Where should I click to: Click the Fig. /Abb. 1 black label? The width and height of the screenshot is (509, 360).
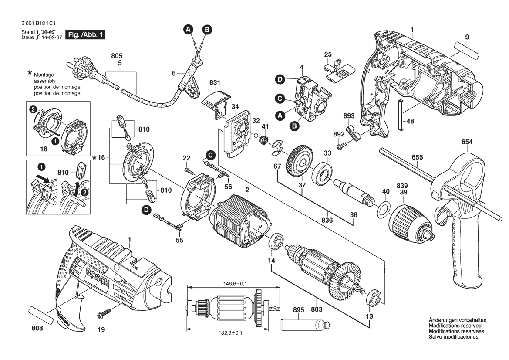[85, 34]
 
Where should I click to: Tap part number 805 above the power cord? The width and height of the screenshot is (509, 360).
[117, 56]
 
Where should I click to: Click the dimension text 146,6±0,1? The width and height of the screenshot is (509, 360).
[232, 284]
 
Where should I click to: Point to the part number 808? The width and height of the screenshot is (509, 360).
[38, 328]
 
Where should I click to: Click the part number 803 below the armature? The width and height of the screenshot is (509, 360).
[317, 309]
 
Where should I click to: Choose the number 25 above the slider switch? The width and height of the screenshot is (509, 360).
[328, 54]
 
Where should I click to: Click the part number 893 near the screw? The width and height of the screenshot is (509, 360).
[349, 116]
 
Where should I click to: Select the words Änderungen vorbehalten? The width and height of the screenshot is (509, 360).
[458, 320]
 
